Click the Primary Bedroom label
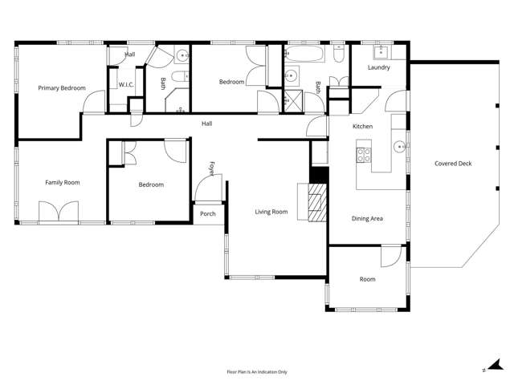[62, 87]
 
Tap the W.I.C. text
[126, 84]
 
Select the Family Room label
[62, 183]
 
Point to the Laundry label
[378, 67]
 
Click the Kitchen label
[363, 127]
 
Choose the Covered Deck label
[453, 164]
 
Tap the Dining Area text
[368, 218]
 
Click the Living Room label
[271, 212]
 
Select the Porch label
[208, 214]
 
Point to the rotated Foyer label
[212, 168]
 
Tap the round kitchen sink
[398, 148]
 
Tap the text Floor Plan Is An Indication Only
[257, 372]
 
